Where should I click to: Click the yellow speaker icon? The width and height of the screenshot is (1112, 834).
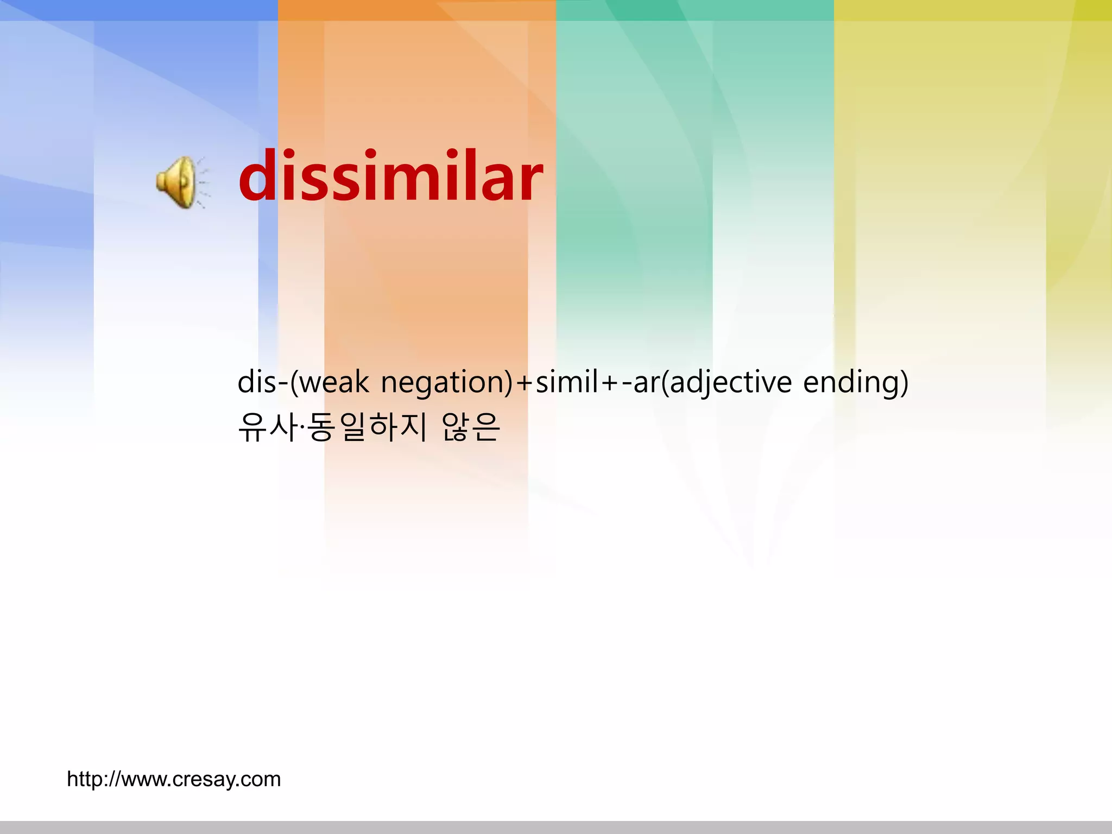(x=176, y=182)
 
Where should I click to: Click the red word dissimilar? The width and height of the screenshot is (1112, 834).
(x=390, y=176)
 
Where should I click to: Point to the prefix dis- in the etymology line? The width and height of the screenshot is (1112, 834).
(x=262, y=382)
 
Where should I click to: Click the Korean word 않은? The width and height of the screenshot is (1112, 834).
(x=471, y=427)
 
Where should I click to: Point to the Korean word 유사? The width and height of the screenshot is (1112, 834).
(x=268, y=427)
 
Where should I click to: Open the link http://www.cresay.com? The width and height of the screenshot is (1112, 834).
(x=174, y=779)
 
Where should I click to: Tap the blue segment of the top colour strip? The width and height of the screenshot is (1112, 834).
(x=139, y=10)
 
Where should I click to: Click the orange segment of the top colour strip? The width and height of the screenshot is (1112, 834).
(x=417, y=10)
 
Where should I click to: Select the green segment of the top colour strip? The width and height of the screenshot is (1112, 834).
(x=695, y=10)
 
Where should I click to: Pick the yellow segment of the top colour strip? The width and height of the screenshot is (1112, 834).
(x=973, y=10)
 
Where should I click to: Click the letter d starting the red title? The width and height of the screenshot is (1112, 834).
(x=258, y=176)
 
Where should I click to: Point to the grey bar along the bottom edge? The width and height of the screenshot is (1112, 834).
(x=556, y=827)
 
